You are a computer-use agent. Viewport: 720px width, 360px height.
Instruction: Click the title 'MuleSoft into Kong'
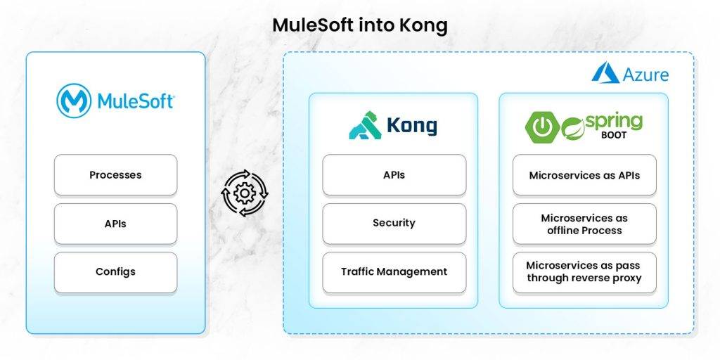pyautogui.click(x=359, y=25)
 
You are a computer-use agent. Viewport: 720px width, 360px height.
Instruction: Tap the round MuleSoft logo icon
pyautogui.click(x=74, y=101)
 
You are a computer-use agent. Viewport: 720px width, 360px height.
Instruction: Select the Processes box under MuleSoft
pyautogui.click(x=115, y=175)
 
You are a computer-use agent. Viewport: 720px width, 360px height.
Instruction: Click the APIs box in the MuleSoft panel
pyautogui.click(x=115, y=224)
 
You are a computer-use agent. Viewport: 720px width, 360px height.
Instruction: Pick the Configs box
pyautogui.click(x=115, y=272)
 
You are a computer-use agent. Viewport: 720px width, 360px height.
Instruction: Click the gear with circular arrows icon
pyautogui.click(x=245, y=193)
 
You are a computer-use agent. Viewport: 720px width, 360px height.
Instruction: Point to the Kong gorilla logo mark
pyautogui.click(x=365, y=126)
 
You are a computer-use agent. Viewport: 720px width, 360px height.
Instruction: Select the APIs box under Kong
pyautogui.click(x=394, y=175)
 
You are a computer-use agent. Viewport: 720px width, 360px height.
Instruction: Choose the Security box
pyautogui.click(x=394, y=224)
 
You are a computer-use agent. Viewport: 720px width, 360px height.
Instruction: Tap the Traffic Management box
pyautogui.click(x=394, y=272)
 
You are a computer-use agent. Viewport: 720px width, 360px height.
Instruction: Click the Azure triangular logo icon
pyautogui.click(x=605, y=73)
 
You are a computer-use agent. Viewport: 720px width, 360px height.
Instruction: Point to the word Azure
pyautogui.click(x=645, y=75)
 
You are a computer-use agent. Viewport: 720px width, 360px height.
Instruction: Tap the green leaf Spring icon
pyautogui.click(x=573, y=128)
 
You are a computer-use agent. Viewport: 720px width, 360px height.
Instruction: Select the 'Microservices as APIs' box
pyautogui.click(x=584, y=175)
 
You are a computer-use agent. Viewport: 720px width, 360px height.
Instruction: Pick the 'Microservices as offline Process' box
pyautogui.click(x=584, y=224)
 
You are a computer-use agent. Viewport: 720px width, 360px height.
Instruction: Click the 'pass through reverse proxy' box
pyautogui.click(x=584, y=272)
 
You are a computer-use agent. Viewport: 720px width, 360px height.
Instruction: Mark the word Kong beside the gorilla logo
pyautogui.click(x=411, y=127)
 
